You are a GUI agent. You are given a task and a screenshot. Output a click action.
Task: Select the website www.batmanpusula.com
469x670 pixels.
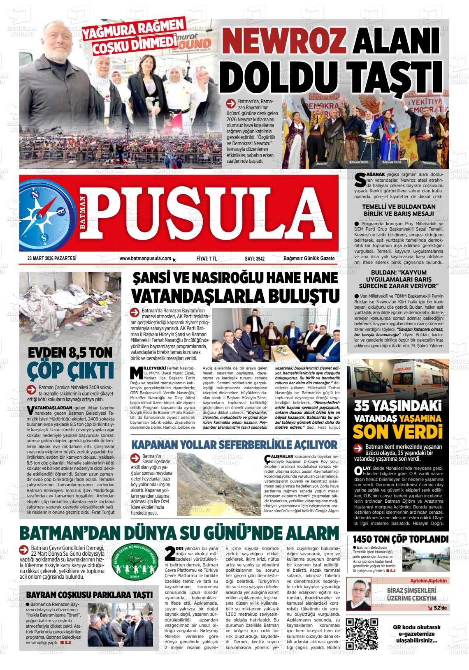tap(145, 258)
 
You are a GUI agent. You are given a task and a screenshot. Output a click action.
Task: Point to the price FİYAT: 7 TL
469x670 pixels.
tap(207, 259)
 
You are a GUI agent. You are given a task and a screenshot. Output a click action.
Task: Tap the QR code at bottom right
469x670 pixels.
tap(362, 633)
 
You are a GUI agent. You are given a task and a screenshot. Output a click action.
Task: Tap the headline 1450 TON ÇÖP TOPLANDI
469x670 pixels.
tap(400, 539)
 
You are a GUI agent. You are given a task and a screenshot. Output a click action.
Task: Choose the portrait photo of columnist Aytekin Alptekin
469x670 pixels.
tap(360, 593)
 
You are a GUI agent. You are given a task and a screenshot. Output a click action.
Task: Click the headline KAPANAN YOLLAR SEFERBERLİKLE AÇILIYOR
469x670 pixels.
tap(234, 445)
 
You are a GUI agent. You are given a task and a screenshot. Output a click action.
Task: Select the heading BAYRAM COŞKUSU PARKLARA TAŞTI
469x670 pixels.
tap(89, 595)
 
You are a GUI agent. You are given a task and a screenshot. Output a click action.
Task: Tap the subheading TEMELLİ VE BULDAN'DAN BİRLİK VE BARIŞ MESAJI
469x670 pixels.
tap(398, 210)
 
